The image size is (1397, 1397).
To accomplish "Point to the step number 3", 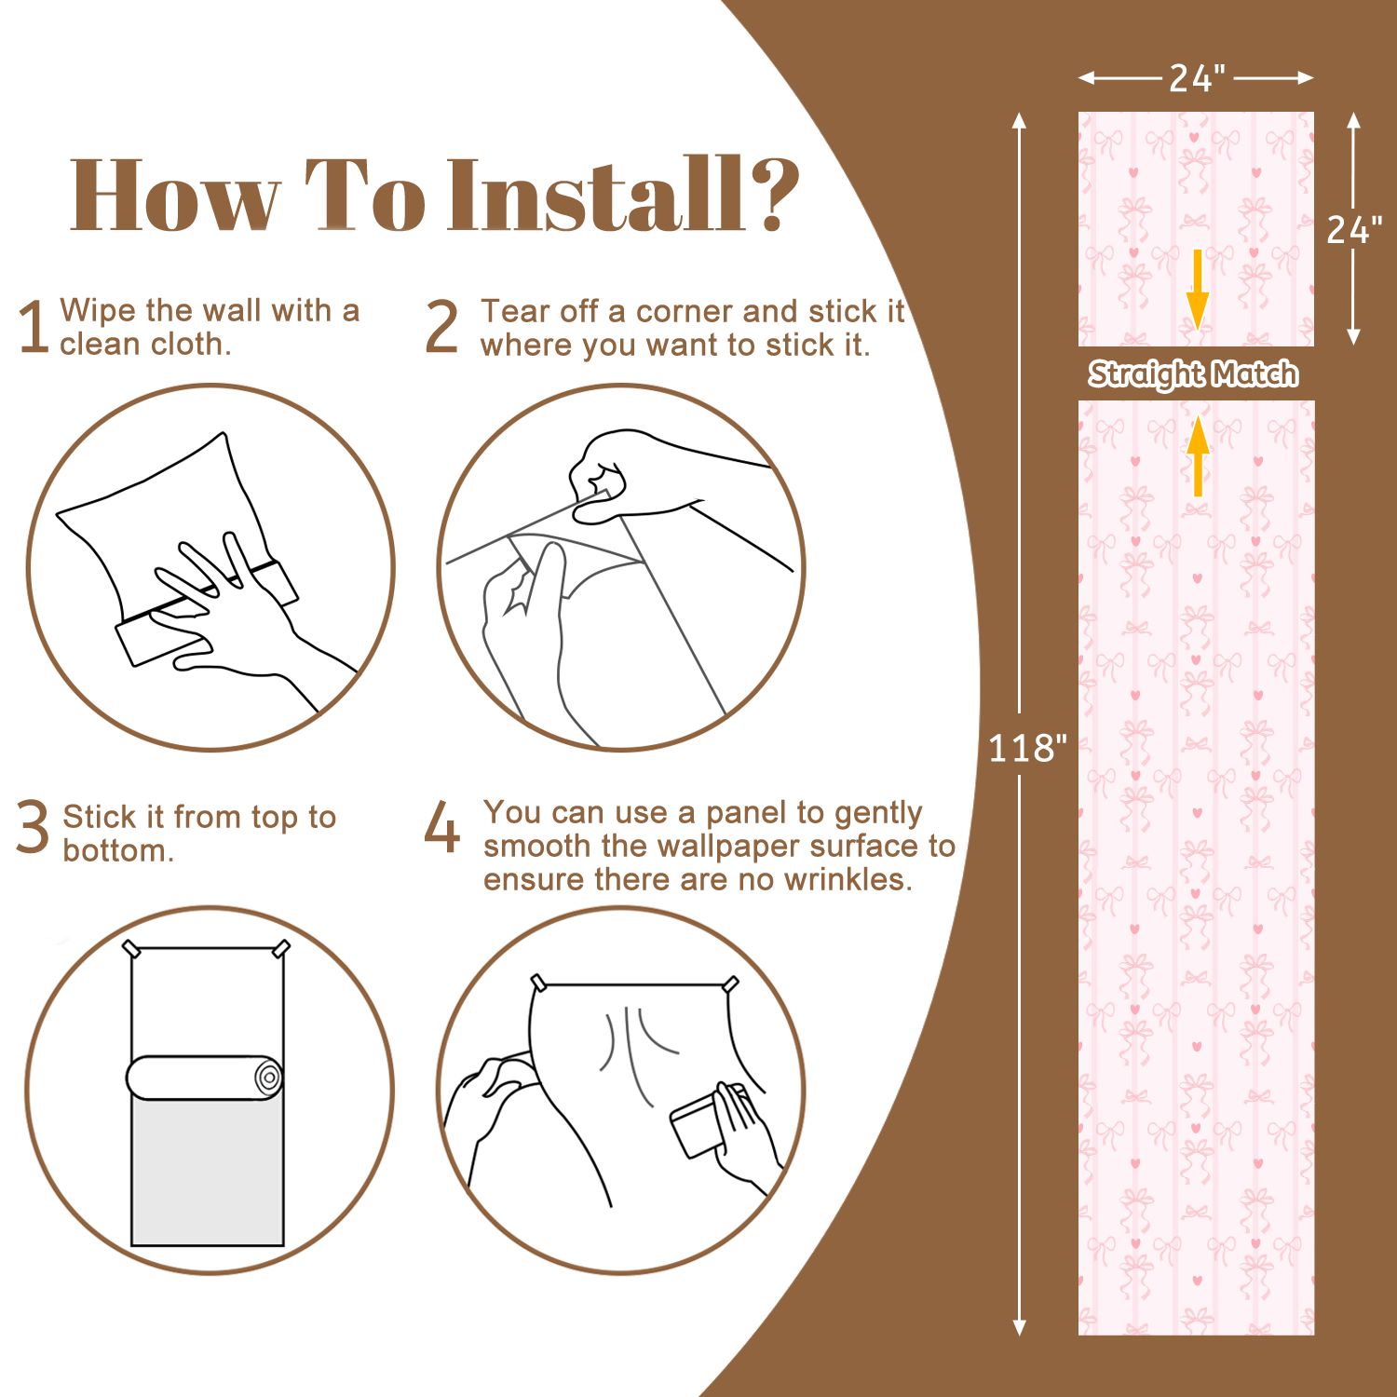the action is (33, 826).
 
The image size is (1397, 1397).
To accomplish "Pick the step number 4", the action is (442, 826).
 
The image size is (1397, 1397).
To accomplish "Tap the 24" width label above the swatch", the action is (1197, 78).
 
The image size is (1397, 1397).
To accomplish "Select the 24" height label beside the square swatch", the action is (1354, 229).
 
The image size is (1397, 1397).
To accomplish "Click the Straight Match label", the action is (1194, 374).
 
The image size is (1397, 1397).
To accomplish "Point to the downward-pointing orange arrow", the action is (1197, 289).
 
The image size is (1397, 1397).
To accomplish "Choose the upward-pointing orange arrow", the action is (1198, 456).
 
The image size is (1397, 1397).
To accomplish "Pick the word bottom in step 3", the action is (117, 851).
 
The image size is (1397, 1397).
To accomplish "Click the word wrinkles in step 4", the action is (847, 879).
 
